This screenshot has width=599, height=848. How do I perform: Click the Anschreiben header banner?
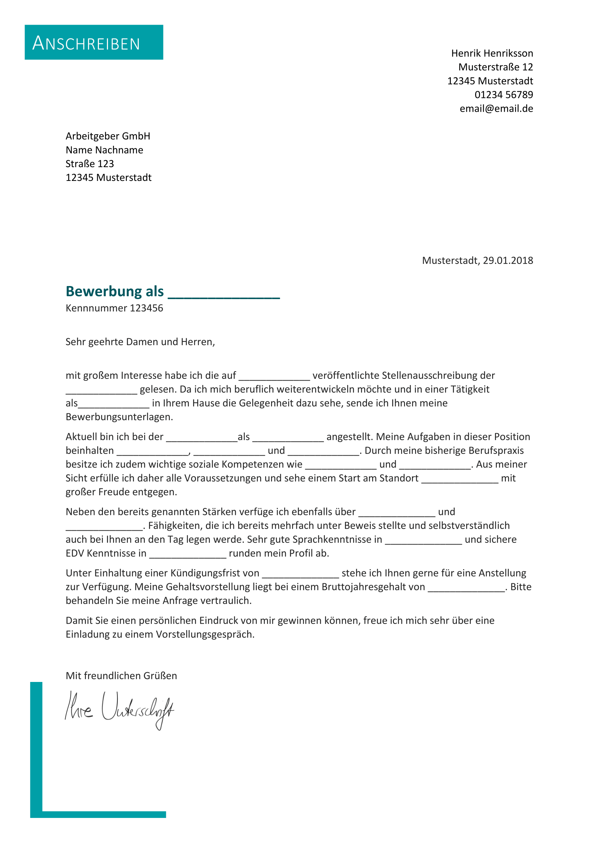point(94,42)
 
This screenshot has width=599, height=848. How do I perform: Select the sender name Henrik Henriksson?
point(492,54)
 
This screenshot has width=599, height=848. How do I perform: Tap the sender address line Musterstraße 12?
point(495,67)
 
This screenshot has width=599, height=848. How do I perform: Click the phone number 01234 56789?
point(503,95)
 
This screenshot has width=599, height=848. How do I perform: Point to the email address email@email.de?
point(496,109)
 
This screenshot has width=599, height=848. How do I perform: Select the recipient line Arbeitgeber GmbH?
point(108,136)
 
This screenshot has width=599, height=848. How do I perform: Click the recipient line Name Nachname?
point(104,150)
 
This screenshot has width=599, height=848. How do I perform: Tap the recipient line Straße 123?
point(90,164)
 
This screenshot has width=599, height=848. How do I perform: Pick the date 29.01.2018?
point(508,261)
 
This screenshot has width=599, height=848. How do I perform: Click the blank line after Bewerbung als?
point(224,294)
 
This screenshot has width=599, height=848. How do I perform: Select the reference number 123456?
point(146,309)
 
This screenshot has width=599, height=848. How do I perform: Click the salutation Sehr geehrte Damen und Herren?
point(140,342)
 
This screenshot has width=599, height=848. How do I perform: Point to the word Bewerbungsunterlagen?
point(119,417)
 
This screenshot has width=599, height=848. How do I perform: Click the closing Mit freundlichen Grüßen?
point(121,676)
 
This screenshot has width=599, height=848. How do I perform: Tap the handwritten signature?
point(119,710)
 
